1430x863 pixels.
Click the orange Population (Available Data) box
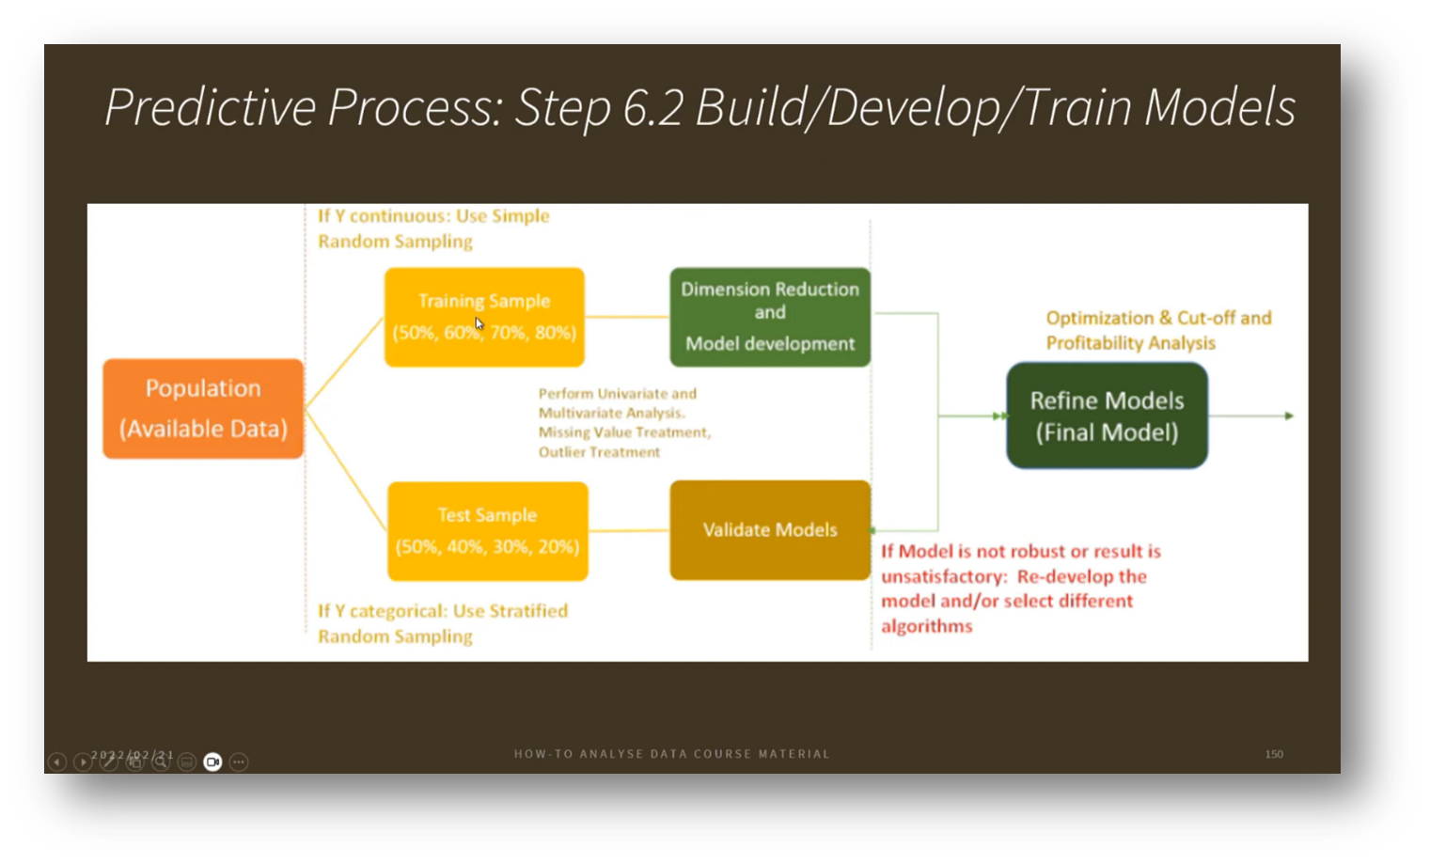tap(203, 409)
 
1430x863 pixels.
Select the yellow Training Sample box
tap(484, 317)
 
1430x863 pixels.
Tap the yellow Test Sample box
tap(487, 531)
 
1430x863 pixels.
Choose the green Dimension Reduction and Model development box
tap(770, 317)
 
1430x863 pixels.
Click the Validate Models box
tap(770, 530)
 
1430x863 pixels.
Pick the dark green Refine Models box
tap(1107, 416)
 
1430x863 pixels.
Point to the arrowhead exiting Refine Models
tap(1289, 416)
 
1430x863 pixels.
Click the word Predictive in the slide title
tap(210, 107)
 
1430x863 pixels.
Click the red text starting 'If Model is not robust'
tap(1020, 588)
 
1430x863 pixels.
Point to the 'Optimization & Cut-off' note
tap(1157, 330)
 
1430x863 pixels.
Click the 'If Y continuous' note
tap(432, 228)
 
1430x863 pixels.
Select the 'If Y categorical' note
tap(442, 623)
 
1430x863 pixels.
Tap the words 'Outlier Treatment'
tap(599, 452)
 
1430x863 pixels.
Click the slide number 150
tap(1274, 754)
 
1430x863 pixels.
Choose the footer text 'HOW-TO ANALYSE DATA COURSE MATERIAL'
tap(671, 754)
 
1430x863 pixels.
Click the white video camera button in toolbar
tap(212, 761)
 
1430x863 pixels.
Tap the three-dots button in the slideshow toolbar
tap(239, 761)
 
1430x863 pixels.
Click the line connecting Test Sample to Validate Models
tap(628, 531)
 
